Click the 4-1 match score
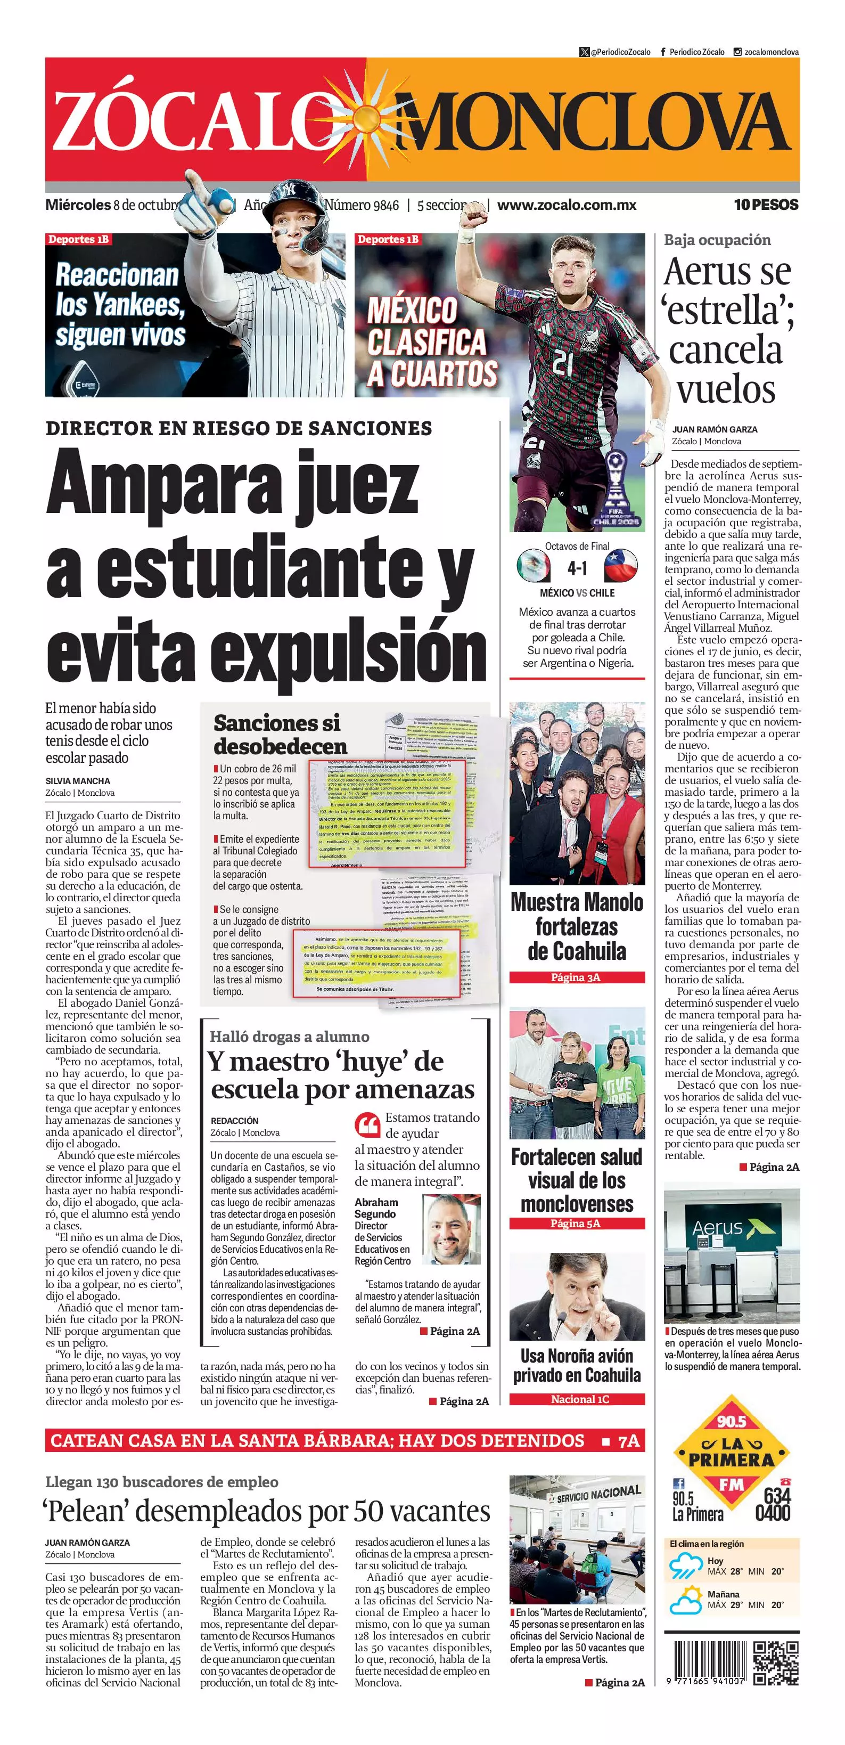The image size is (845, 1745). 577,568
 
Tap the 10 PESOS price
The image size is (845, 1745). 766,205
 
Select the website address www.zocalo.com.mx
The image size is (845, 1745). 567,205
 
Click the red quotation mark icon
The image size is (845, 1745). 367,1125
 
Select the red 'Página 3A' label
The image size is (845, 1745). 577,977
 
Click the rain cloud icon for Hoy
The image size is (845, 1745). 686,1566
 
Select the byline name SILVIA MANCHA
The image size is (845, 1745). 78,781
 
